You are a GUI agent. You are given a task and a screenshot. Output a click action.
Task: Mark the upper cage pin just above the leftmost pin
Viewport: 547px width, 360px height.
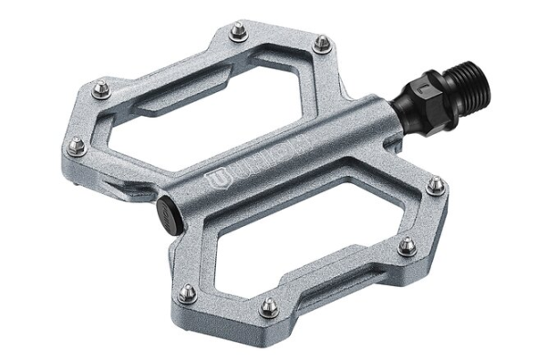click(x=100, y=88)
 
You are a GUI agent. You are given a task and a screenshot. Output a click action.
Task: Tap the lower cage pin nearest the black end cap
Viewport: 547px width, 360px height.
click(x=187, y=293)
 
